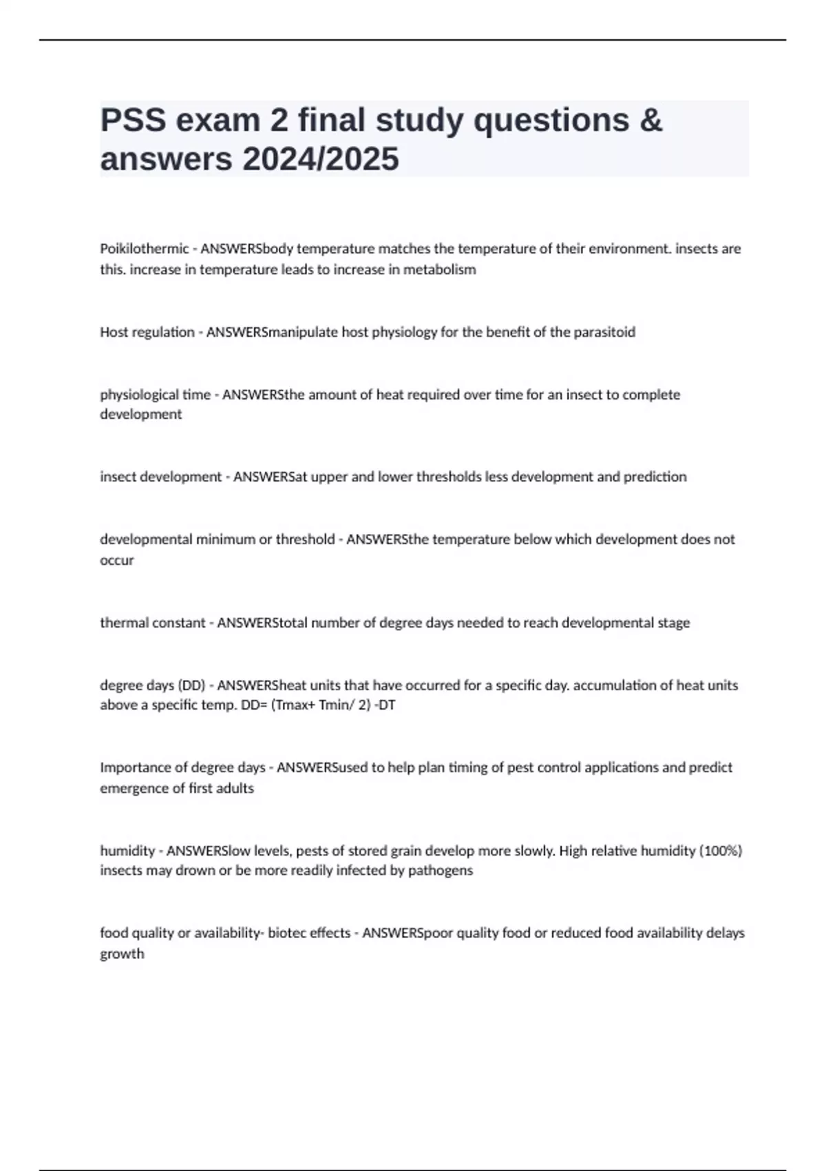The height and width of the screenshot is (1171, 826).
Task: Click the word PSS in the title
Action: [x=133, y=121]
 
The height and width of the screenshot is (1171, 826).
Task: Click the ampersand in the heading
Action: [x=650, y=121]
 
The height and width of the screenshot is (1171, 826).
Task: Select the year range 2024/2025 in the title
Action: [x=320, y=159]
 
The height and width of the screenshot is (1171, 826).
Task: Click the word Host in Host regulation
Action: [x=114, y=332]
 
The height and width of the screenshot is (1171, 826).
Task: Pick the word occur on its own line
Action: [x=117, y=560]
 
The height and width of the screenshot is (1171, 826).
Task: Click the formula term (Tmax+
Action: [x=294, y=705]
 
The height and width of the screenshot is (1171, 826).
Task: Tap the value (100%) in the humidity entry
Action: [x=721, y=851]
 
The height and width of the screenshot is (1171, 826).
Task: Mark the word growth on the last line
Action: [x=122, y=954]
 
